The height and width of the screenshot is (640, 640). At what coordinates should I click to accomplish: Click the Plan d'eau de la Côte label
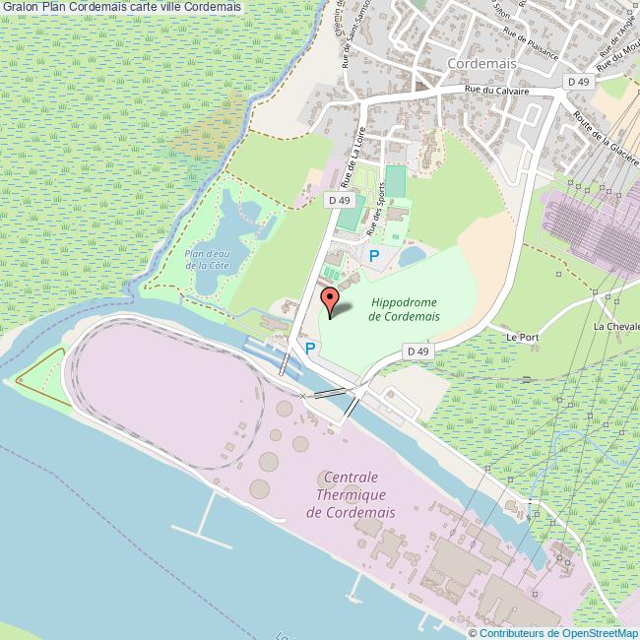206,258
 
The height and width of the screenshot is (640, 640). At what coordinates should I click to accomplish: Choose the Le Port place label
522,337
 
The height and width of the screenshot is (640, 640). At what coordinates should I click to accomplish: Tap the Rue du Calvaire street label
498,91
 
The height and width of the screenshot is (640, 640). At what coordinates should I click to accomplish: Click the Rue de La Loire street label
352,158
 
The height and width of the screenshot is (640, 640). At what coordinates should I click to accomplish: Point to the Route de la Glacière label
608,137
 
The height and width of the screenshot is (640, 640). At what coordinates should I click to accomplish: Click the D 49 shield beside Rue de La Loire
339,199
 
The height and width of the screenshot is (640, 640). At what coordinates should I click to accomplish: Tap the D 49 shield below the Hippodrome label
418,351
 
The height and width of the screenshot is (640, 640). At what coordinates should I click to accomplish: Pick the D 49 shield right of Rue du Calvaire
578,82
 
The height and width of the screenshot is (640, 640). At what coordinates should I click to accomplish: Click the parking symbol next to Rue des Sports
374,255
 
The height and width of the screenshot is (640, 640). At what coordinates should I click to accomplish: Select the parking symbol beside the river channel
309,349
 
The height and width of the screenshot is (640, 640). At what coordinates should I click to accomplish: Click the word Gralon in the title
20,7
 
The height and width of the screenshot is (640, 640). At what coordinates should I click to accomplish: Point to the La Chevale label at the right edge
616,326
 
